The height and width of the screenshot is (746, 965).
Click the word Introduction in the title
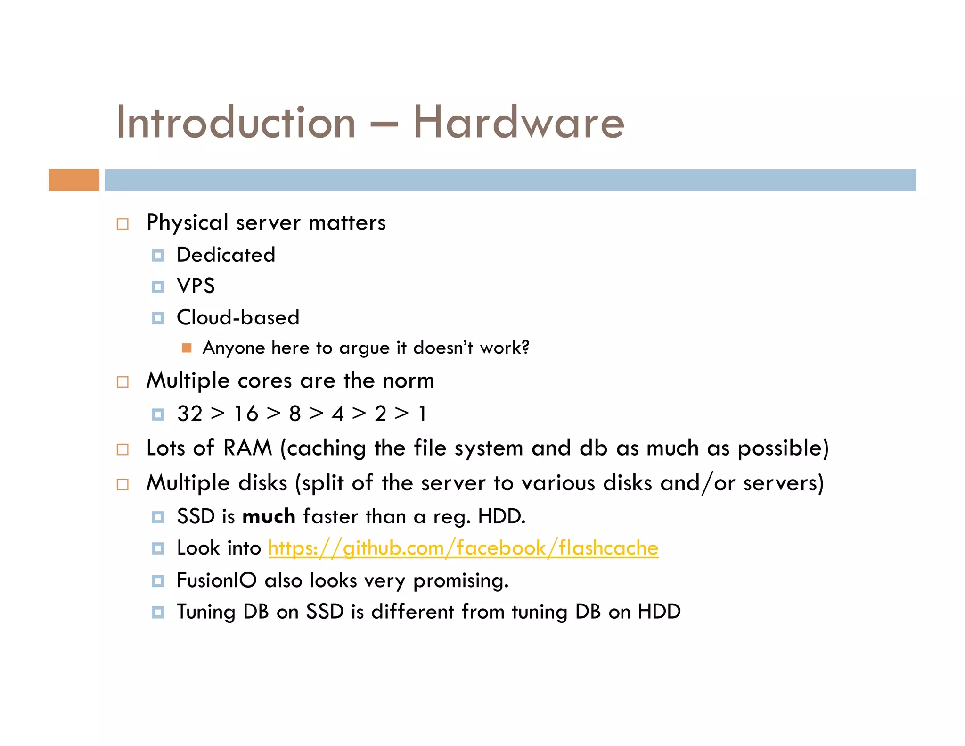(x=236, y=123)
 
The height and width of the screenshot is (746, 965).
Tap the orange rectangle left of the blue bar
(x=74, y=180)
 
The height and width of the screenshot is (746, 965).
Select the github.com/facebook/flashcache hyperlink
(x=463, y=548)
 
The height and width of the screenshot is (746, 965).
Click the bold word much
(x=269, y=517)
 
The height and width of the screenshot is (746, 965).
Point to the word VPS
(x=196, y=286)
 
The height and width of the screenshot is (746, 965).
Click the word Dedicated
(x=226, y=255)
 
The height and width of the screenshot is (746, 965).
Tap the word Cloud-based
(x=238, y=318)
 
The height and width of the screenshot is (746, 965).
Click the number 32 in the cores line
(x=189, y=414)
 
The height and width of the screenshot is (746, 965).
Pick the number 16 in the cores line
(x=246, y=414)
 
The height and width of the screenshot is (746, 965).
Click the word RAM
(x=247, y=448)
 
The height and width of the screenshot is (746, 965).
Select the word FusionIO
(x=216, y=580)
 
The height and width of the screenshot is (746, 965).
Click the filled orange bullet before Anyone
(x=187, y=348)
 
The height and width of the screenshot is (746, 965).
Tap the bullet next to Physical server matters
(x=123, y=224)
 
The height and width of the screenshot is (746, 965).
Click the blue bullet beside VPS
(x=158, y=287)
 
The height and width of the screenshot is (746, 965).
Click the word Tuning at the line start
(x=205, y=612)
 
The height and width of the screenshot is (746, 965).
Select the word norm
(x=408, y=381)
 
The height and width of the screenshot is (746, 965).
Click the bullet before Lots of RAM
(x=123, y=449)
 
